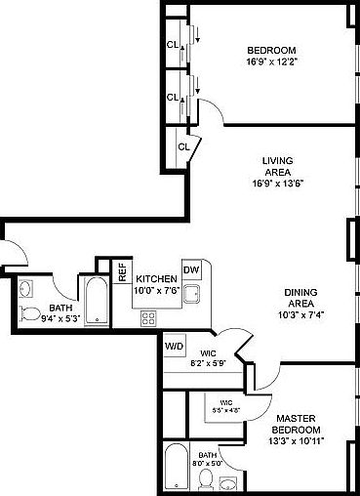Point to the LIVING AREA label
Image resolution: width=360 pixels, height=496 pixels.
click(278, 167)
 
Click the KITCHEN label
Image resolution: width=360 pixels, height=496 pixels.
click(155, 278)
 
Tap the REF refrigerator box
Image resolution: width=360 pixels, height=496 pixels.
click(123, 272)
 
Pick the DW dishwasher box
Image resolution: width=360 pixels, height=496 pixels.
click(191, 270)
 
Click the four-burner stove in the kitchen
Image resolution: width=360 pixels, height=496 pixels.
click(148, 317)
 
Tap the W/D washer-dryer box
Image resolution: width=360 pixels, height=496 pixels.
click(175, 346)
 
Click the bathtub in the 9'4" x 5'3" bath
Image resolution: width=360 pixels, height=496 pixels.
click(96, 303)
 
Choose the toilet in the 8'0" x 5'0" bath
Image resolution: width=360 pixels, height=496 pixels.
click(206, 478)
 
